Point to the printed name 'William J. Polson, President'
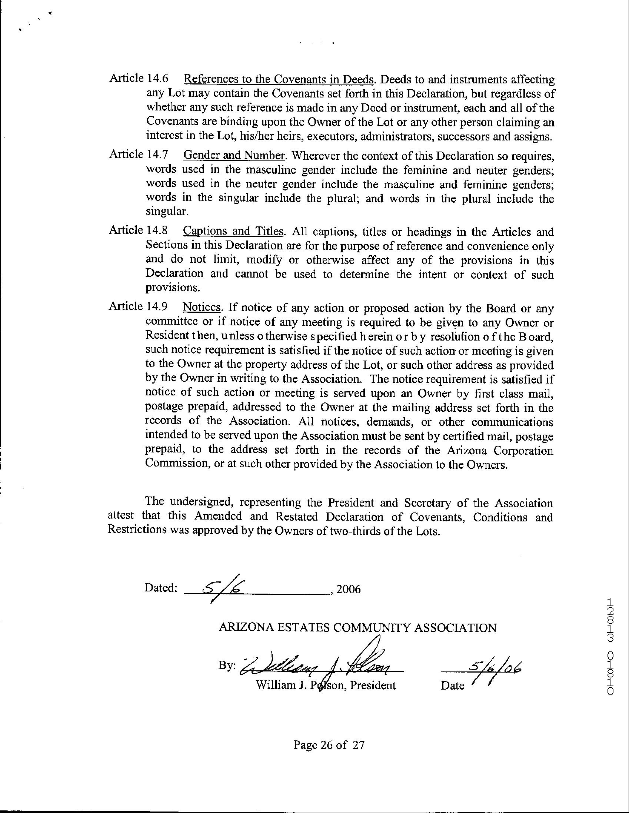point(326,685)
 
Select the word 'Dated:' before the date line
point(160,588)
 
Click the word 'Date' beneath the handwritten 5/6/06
point(452,685)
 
